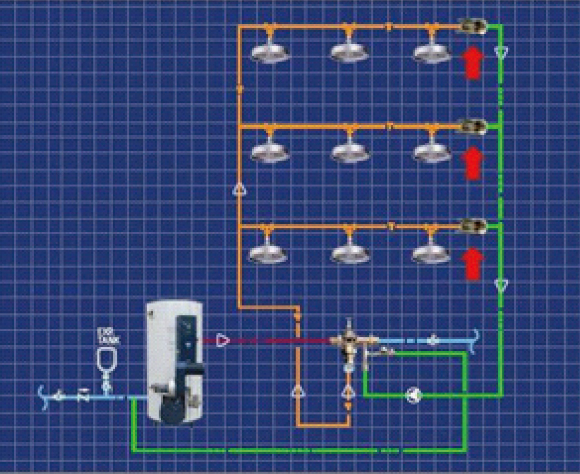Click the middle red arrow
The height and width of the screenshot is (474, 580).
pos(472,163)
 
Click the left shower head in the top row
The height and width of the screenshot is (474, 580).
pos(270,52)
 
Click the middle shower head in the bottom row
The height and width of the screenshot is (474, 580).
pos(350,253)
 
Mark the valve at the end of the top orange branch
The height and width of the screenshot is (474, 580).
pos(472,26)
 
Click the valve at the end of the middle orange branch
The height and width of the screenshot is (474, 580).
pos(472,126)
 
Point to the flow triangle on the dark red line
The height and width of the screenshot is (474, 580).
pos(223,340)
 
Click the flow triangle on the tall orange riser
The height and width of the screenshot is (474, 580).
pos(240,190)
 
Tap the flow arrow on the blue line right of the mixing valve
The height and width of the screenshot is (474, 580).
pos(433,341)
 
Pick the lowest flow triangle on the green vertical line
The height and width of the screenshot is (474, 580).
pos(501,285)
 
